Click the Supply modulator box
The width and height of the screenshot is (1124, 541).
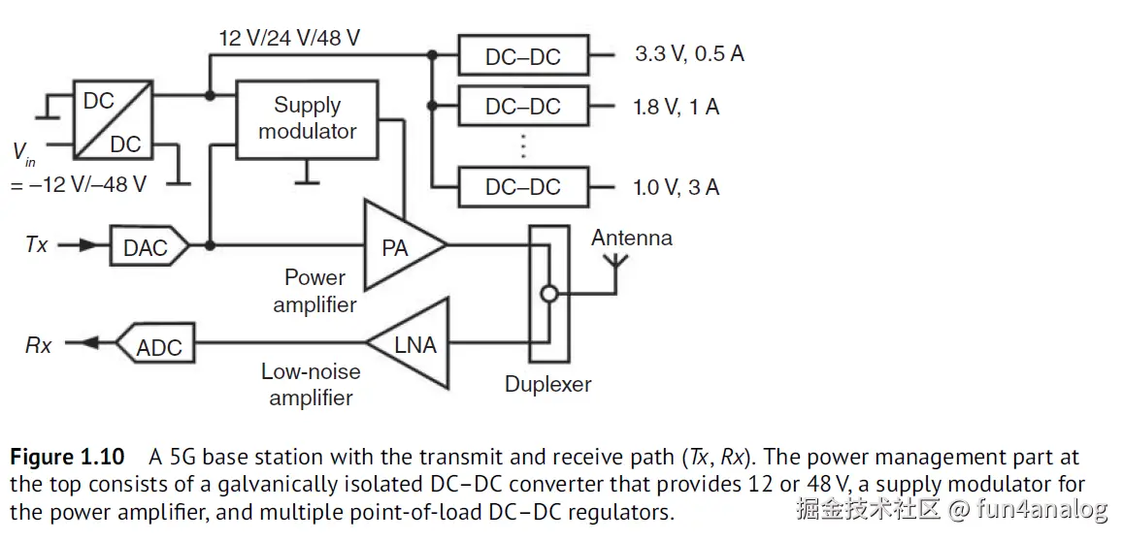(308, 120)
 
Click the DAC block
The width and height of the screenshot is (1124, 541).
(146, 247)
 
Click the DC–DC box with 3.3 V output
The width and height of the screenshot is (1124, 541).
(523, 56)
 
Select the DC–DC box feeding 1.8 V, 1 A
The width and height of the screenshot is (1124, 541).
(523, 106)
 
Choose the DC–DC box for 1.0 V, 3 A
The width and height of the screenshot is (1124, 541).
(523, 186)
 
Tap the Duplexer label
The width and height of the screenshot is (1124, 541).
(547, 384)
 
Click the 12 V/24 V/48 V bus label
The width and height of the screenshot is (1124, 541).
(289, 39)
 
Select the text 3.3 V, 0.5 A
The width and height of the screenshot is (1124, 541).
(689, 53)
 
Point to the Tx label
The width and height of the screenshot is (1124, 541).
(36, 245)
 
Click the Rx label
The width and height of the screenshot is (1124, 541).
(38, 345)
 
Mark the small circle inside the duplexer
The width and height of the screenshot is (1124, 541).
(549, 294)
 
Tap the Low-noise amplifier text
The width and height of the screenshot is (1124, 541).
(311, 384)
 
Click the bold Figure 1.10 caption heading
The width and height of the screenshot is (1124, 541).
(67, 457)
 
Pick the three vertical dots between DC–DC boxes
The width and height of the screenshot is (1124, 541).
(523, 145)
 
